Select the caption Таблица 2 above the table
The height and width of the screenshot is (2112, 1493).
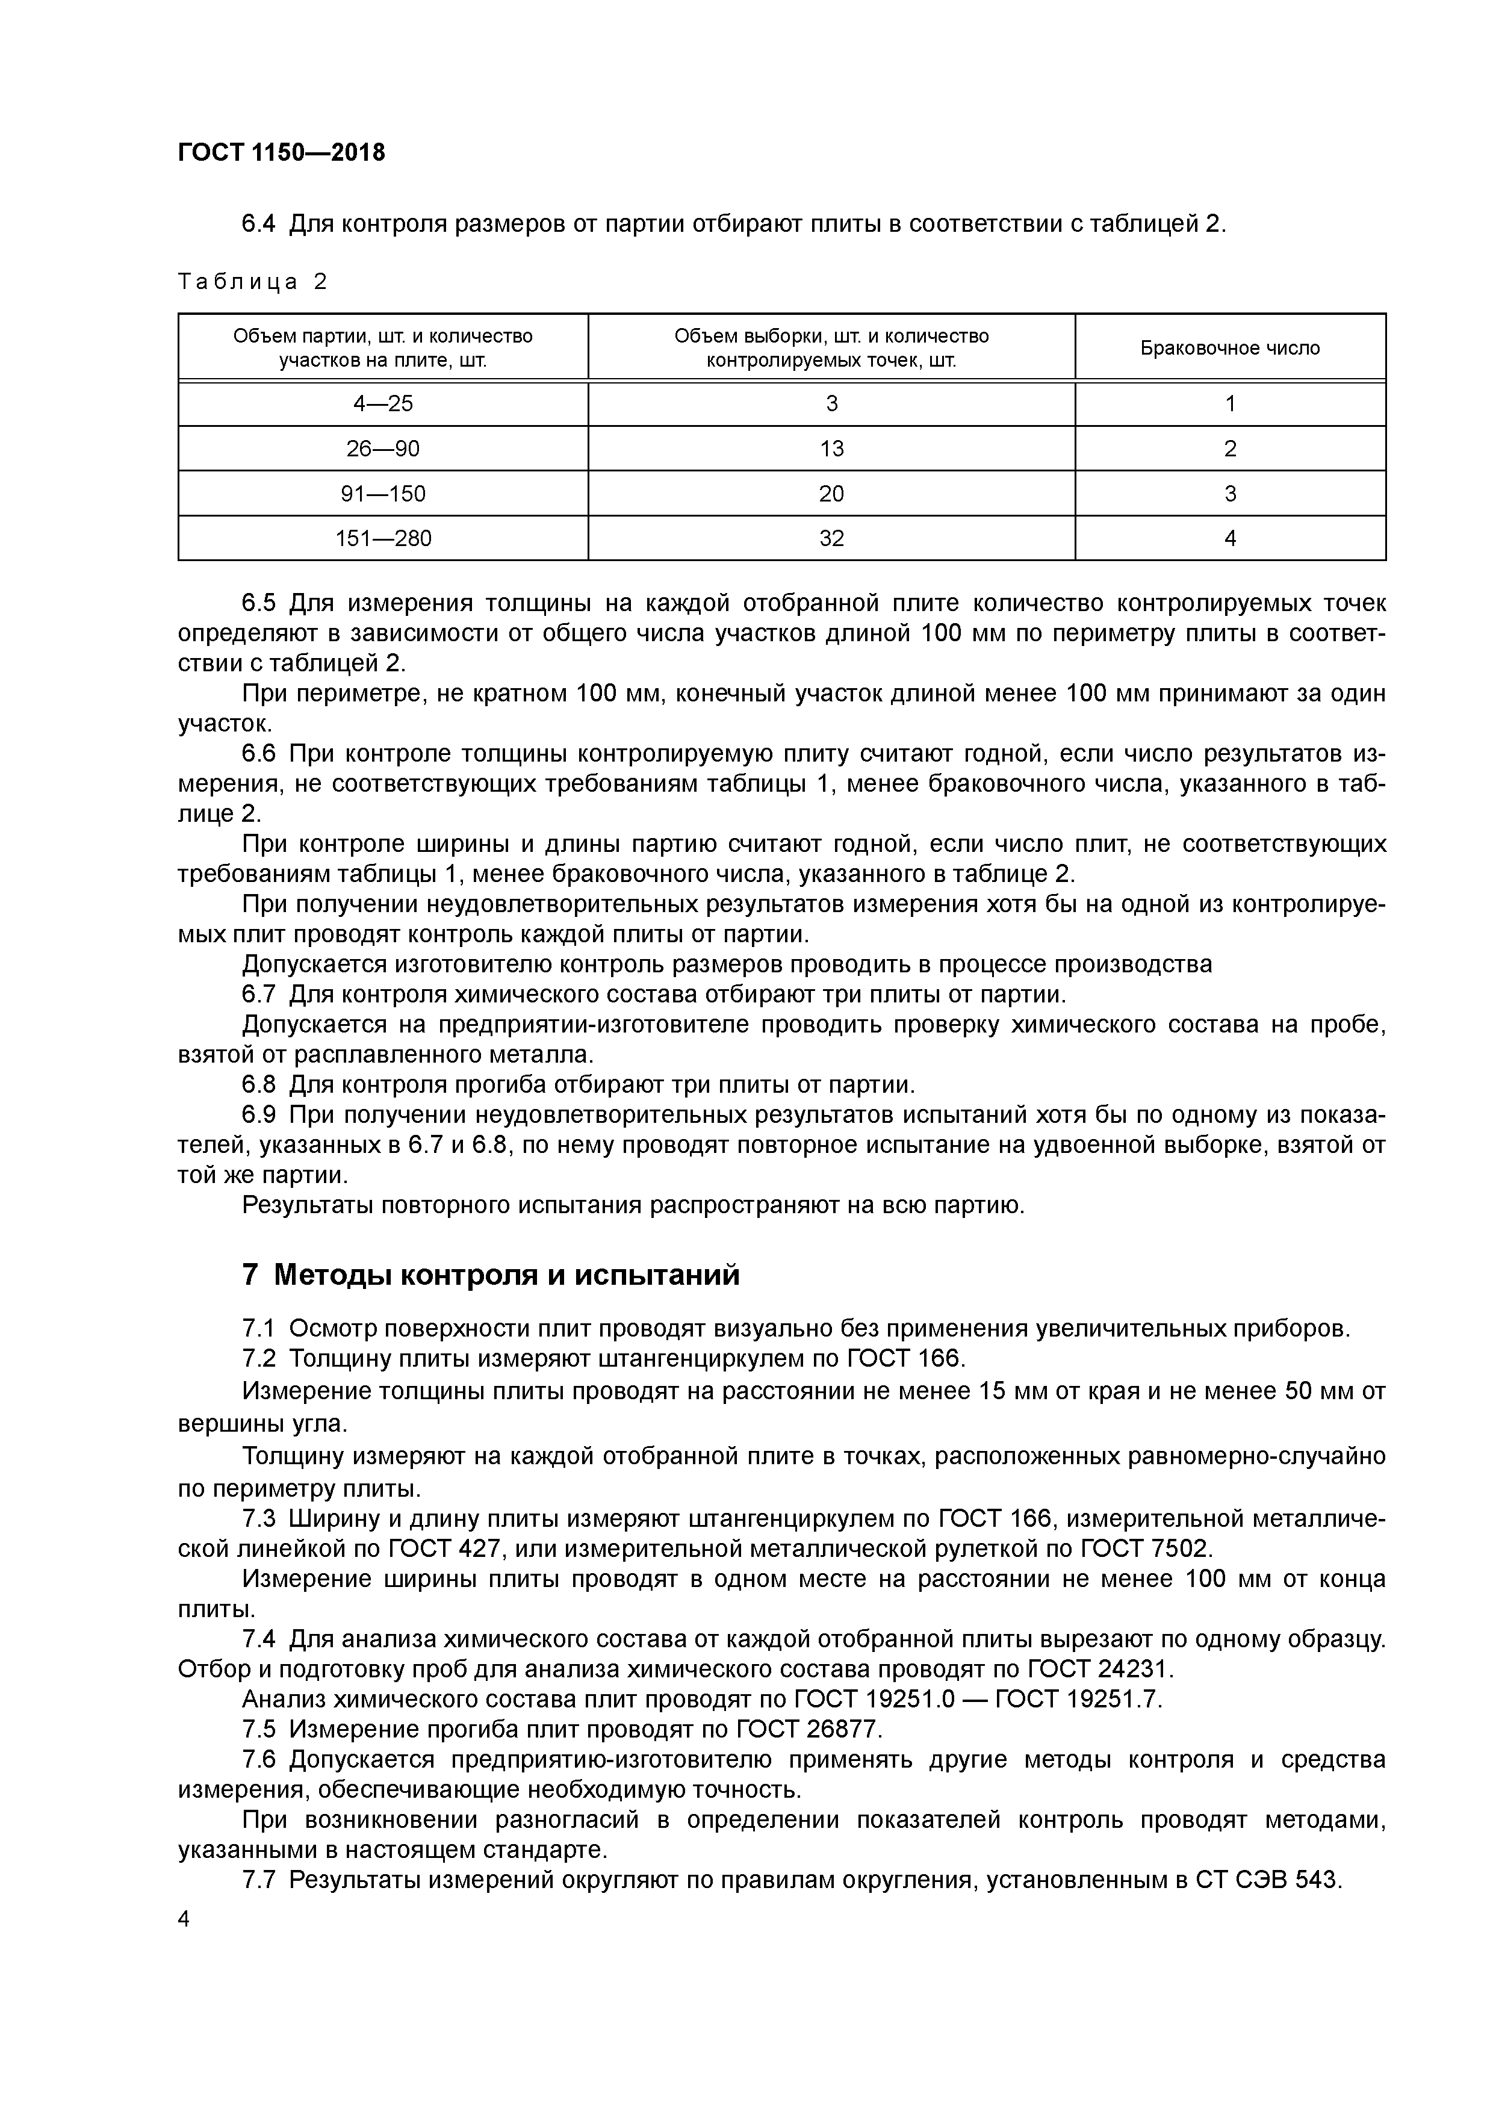252,282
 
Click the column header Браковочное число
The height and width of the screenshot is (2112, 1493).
1230,348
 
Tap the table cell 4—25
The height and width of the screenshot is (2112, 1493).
383,404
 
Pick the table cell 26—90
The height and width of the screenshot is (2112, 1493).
383,449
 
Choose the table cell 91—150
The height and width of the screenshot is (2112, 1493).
383,494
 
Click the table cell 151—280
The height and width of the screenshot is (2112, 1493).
383,539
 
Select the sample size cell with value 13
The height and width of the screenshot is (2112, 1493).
831,449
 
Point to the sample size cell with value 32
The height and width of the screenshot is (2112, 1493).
831,539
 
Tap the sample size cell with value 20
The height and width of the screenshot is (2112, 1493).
831,494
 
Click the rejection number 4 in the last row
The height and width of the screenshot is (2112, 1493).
1230,539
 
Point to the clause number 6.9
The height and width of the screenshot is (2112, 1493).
258,1115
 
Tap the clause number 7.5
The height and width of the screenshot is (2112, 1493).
258,1729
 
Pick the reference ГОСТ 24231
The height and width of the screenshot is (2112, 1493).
1099,1669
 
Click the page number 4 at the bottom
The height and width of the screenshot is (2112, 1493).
183,1919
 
